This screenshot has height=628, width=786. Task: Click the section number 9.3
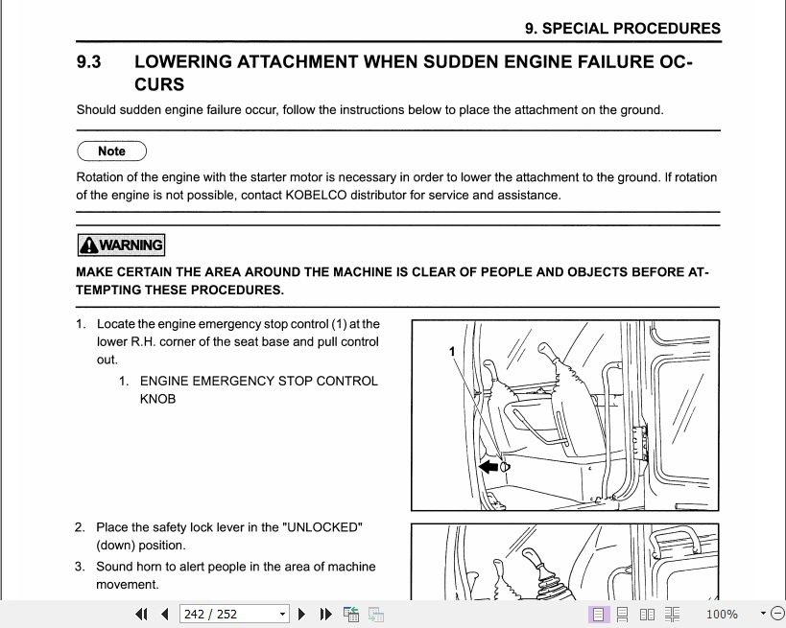(88, 62)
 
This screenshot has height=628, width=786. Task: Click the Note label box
(111, 151)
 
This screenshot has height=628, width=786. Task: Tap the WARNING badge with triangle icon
(121, 244)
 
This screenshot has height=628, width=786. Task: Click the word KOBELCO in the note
(324, 195)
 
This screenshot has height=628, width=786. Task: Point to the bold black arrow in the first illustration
(489, 466)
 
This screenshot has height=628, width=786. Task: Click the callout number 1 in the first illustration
(452, 352)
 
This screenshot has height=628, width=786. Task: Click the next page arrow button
(301, 614)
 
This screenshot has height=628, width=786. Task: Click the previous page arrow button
(165, 614)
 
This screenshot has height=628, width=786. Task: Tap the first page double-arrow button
(142, 614)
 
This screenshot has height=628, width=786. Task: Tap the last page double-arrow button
(325, 614)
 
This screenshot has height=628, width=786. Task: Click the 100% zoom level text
(722, 614)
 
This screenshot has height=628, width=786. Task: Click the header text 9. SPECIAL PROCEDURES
(622, 29)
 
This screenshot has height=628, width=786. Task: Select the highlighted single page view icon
(598, 614)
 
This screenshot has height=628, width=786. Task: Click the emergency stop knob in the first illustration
(505, 467)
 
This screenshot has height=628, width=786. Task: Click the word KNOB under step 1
(157, 399)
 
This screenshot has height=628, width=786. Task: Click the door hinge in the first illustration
(645, 440)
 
